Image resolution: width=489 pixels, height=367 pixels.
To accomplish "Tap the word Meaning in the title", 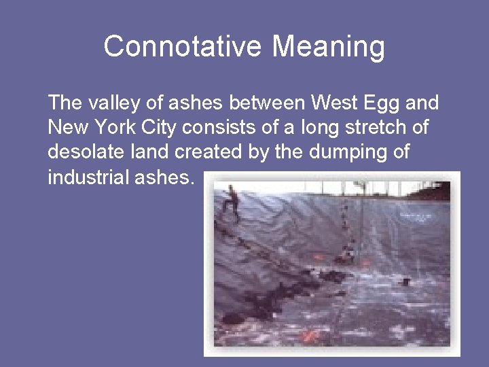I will point(329,47).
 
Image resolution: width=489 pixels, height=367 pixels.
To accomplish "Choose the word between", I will point(267,103).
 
